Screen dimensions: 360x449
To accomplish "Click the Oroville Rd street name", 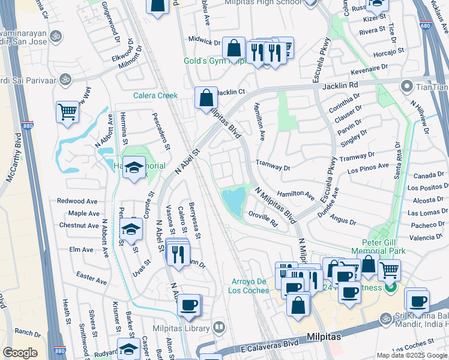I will [263, 219].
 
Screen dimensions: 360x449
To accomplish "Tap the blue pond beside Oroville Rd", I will [234, 198].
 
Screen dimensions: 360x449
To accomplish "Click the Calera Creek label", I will [155, 96].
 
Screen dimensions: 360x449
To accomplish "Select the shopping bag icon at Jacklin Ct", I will [206, 97].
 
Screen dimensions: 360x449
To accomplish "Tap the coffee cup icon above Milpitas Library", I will [189, 305].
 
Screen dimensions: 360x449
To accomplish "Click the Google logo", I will [20, 353].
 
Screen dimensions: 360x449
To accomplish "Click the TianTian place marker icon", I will [406, 86].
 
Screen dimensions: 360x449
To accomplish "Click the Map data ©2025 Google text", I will [412, 355].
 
